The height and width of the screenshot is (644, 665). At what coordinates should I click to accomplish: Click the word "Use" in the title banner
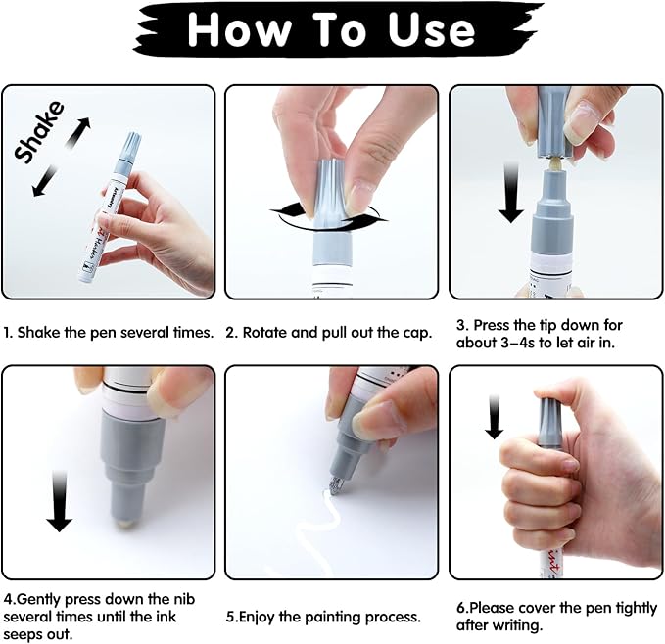tap(431, 28)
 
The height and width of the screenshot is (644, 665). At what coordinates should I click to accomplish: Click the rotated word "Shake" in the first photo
tap(38, 132)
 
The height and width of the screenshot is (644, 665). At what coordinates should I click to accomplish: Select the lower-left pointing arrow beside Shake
tap(45, 181)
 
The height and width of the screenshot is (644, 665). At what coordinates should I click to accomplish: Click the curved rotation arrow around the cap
tap(329, 217)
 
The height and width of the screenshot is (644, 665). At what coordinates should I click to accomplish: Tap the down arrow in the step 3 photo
tap(511, 192)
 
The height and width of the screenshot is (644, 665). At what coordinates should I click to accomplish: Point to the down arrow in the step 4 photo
tap(60, 501)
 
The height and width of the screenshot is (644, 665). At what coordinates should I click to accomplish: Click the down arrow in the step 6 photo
tap(495, 417)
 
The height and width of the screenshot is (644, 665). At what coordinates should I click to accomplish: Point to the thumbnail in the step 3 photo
tap(583, 120)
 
